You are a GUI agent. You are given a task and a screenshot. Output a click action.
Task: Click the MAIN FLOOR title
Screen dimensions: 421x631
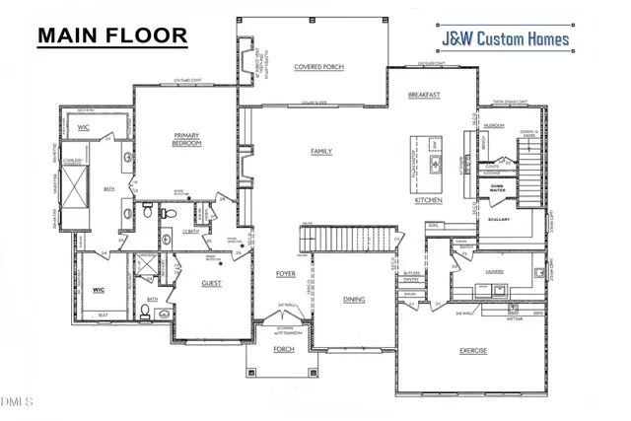[111, 35]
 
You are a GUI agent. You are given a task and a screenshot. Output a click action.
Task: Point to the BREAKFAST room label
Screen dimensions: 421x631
[423, 95]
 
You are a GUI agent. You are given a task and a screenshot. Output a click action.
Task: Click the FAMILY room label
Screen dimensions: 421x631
[320, 151]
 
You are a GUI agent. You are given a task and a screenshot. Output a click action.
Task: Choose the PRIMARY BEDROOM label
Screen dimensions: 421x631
[186, 139]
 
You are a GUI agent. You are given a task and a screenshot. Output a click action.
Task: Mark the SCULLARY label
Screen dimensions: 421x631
[498, 219]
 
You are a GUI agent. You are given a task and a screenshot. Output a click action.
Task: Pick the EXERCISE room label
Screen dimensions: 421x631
[473, 350]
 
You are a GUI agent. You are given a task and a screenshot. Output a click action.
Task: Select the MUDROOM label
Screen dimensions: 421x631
[494, 127]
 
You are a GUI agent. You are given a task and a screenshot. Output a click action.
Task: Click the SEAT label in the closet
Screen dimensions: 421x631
[103, 316]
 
